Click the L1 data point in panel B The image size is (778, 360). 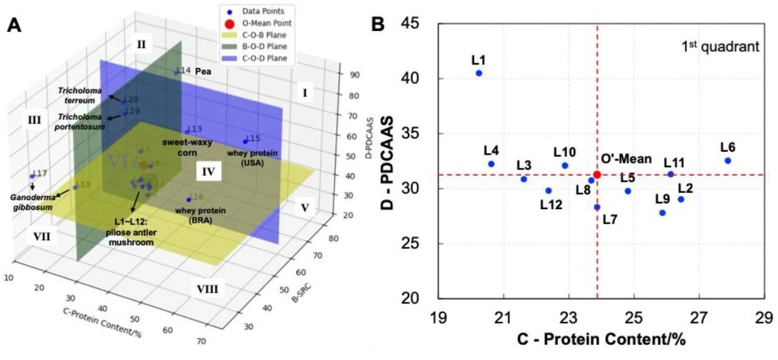coord(479,73)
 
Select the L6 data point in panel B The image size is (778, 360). coord(728,161)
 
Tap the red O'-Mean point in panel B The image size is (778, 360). coord(597,175)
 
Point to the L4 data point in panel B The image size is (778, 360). coord(491,164)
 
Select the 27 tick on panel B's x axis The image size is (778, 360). coord(699,317)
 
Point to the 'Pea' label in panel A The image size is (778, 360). coord(203,71)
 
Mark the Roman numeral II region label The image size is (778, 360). coord(141,44)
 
